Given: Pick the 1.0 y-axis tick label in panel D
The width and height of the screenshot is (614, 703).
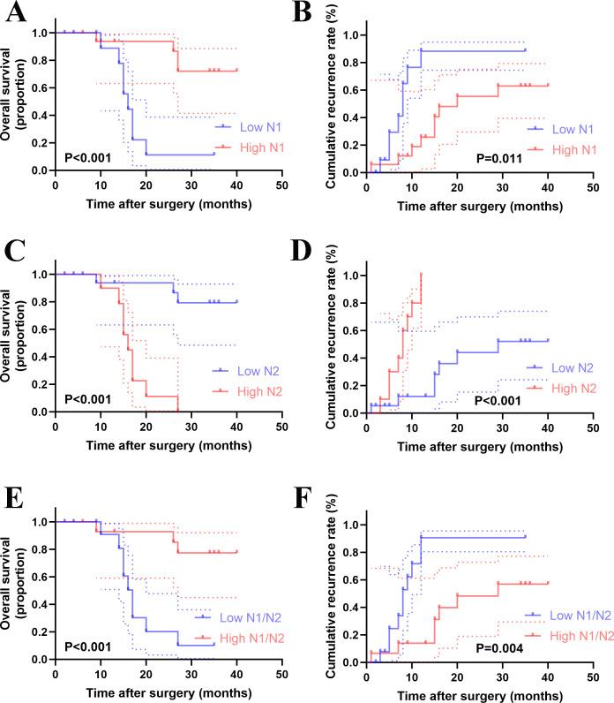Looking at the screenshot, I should pos(351,276).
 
